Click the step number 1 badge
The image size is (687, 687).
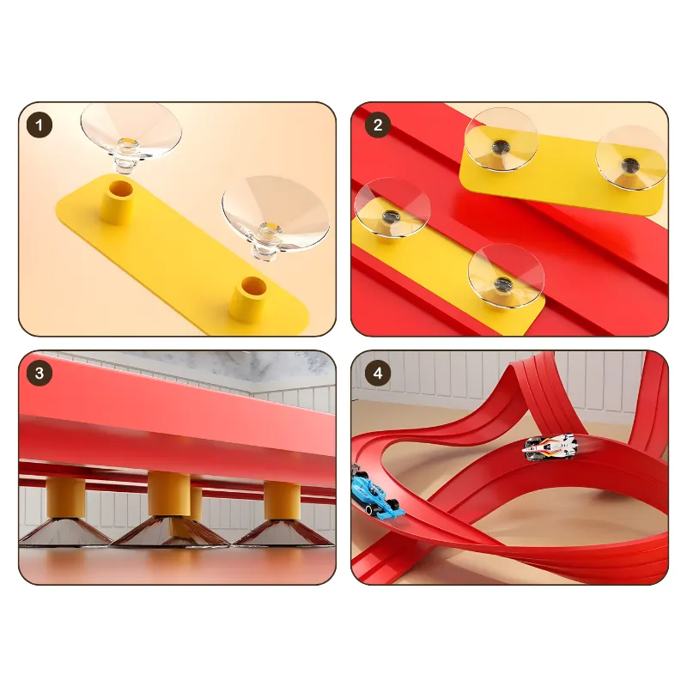40,125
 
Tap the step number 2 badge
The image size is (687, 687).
378,125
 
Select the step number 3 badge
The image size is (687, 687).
40,374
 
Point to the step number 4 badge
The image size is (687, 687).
378,374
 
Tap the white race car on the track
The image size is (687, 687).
550,447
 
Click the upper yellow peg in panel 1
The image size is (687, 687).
118,202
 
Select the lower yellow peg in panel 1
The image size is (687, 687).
248,299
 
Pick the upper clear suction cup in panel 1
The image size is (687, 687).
131,134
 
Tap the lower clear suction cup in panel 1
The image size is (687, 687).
275,218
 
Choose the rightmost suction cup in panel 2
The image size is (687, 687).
631,158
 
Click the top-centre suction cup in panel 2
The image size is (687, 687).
502,139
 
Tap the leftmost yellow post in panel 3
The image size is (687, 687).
66,498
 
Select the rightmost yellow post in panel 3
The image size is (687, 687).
283,501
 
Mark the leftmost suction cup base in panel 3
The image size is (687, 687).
65,532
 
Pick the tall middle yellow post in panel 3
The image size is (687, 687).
169,494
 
